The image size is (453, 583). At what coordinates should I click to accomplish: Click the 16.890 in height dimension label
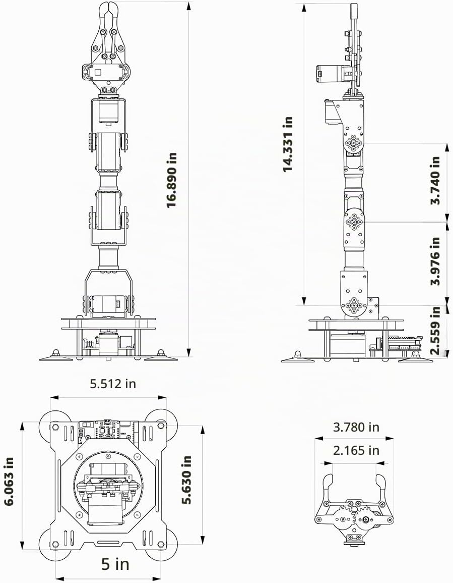(x=171, y=180)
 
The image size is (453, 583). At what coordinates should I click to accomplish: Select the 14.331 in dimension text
(x=288, y=144)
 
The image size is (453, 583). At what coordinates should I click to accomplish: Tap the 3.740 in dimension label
(x=435, y=180)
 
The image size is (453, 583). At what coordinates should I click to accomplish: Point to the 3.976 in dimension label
(x=435, y=261)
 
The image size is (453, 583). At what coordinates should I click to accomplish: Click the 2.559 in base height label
(x=435, y=330)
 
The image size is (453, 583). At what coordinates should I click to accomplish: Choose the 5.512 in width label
(x=113, y=383)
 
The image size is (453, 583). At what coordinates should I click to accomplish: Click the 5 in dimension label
(x=115, y=564)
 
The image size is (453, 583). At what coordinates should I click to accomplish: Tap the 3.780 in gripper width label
(x=356, y=427)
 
